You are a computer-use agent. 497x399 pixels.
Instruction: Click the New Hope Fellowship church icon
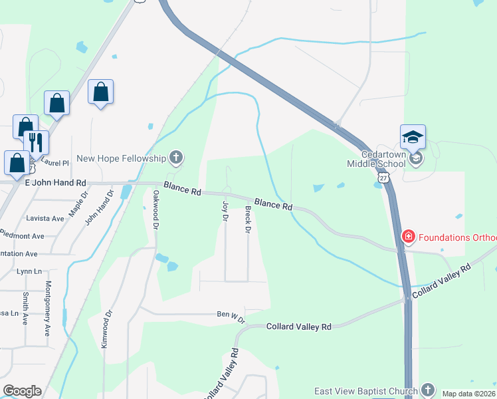coord(176,158)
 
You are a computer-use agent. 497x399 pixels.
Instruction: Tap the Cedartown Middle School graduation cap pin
coord(413,138)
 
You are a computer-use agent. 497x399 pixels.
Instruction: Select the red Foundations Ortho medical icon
coord(408,237)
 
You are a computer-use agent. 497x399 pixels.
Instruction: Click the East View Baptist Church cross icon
coord(427,390)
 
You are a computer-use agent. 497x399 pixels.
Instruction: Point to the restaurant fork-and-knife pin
coord(36,142)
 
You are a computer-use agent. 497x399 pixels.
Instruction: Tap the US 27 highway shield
coord(383,178)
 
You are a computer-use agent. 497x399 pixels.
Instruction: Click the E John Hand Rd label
coord(56,183)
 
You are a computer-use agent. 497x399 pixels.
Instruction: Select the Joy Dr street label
coord(225,210)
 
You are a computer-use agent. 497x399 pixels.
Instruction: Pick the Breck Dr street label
coord(247,219)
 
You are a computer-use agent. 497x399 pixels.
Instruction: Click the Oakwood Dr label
coord(155,210)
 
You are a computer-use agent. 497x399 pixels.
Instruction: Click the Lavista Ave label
coord(45,218)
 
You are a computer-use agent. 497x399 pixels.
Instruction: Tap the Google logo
coord(22,391)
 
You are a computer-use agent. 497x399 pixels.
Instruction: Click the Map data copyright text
coord(468,394)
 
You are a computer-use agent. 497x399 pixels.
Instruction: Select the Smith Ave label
coord(25,309)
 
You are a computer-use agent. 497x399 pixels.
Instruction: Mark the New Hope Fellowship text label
coord(121,158)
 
